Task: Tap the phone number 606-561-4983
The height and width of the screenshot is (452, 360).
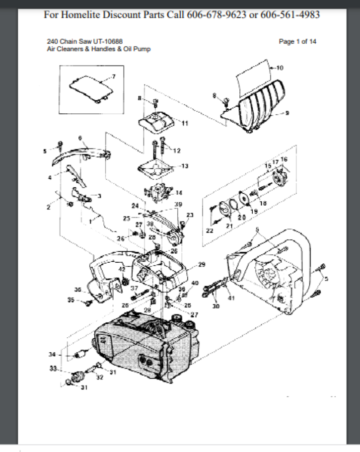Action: click(x=290, y=14)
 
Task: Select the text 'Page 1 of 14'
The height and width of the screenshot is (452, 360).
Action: click(x=297, y=42)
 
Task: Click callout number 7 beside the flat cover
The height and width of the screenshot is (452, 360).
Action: click(x=114, y=76)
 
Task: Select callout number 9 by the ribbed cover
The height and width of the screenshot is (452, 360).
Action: click(x=288, y=113)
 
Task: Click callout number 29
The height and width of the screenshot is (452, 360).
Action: click(x=202, y=264)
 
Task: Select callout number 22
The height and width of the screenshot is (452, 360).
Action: click(x=210, y=231)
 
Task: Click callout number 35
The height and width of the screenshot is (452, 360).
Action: click(x=70, y=300)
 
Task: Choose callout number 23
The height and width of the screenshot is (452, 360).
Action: click(x=190, y=215)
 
